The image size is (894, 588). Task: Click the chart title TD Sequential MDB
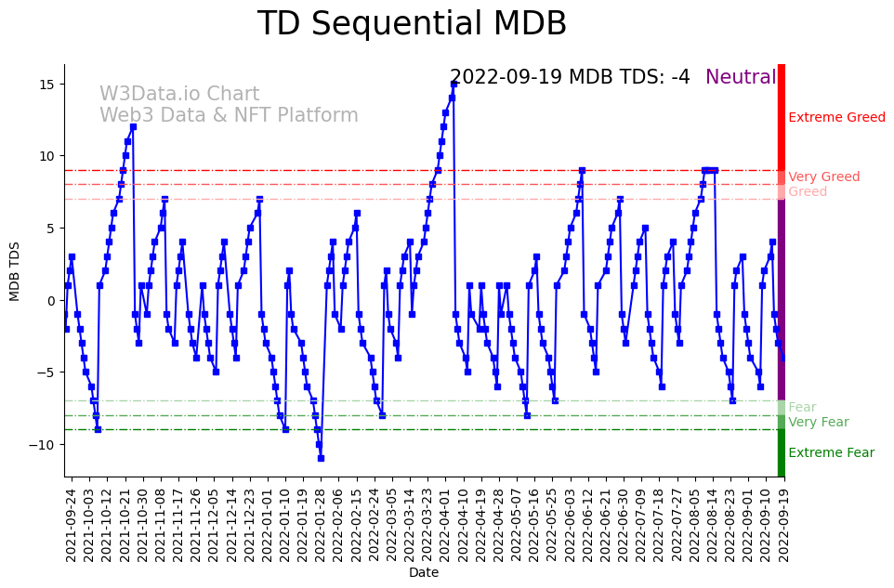tap(412, 24)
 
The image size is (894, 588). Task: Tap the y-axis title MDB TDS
tap(15, 269)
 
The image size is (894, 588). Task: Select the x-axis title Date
tap(424, 573)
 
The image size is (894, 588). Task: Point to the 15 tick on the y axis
tap(51, 85)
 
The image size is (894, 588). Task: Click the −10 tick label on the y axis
tap(46, 445)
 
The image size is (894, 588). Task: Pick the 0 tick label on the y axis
tap(54, 300)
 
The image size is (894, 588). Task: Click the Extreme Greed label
tap(836, 118)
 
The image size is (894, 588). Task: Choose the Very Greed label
tap(823, 177)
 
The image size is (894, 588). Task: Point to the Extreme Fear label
tap(831, 453)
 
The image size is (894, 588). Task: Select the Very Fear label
tap(818, 423)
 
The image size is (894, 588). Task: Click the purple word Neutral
tap(741, 78)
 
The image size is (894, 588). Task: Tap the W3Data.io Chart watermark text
tap(179, 95)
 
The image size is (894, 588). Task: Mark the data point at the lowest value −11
tap(321, 458)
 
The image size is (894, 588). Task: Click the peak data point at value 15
tap(454, 84)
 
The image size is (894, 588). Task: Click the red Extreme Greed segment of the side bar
tap(782, 116)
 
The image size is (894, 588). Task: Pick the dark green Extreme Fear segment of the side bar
tap(782, 453)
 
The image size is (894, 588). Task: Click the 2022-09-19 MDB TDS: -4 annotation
tap(570, 78)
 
